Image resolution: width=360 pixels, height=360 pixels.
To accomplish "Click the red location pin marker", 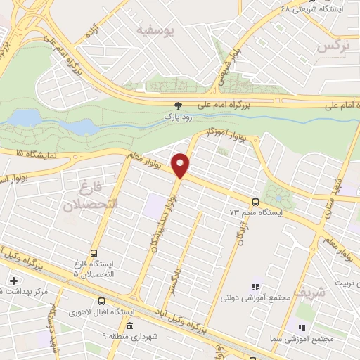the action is click(x=181, y=165).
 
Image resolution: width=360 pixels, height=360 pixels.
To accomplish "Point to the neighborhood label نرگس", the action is click(x=334, y=46).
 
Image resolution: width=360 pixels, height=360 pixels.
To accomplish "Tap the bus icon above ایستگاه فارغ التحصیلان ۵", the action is click(x=94, y=254).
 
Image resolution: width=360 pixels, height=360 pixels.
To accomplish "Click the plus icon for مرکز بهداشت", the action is click(x=12, y=280).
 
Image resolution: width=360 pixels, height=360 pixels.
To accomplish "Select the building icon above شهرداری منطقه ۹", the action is click(x=129, y=325).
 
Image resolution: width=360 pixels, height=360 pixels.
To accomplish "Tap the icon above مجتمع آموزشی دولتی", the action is click(x=255, y=287).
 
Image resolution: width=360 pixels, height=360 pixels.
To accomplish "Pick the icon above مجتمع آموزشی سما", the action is click(x=301, y=328).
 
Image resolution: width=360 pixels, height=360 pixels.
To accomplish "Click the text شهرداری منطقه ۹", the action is click(x=129, y=337).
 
